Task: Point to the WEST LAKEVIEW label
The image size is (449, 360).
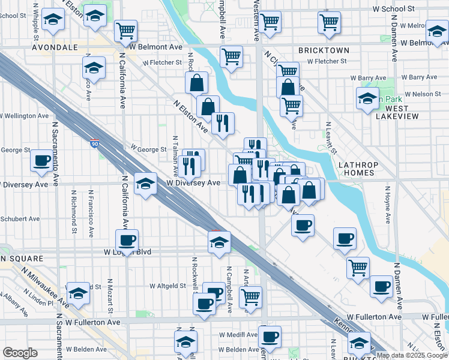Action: click(393, 112)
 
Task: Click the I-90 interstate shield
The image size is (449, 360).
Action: click(95, 143)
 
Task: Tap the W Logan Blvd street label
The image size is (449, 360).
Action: click(131, 252)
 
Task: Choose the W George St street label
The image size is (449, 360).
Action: click(148, 149)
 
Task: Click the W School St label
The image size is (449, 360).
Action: click(393, 9)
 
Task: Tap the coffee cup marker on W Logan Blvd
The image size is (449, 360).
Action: click(127, 240)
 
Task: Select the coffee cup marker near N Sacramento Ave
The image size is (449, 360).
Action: click(41, 160)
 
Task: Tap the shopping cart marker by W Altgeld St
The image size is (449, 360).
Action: click(250, 296)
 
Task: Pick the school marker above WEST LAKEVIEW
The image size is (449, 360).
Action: click(367, 98)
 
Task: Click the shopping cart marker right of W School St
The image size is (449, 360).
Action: click(329, 22)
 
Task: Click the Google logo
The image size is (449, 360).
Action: click(20, 353)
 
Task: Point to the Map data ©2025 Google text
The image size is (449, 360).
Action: click(412, 355)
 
